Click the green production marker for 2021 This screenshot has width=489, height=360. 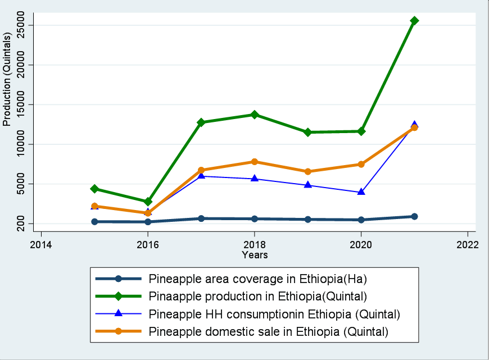(x=414, y=21)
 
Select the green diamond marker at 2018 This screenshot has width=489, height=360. (x=255, y=115)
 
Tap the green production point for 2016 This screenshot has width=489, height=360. (x=148, y=202)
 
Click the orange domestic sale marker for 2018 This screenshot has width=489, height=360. (x=255, y=162)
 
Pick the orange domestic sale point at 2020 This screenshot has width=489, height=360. (x=361, y=165)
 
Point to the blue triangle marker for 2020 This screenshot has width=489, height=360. (x=361, y=192)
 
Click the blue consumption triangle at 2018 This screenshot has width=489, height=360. (x=255, y=179)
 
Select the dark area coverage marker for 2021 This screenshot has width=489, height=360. (x=414, y=216)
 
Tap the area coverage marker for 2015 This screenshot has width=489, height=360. (x=95, y=222)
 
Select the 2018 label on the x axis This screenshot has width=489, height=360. (x=255, y=244)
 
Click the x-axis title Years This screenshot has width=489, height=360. (x=255, y=255)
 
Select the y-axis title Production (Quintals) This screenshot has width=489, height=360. (x=7, y=80)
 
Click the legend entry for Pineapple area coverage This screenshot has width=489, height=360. (x=257, y=278)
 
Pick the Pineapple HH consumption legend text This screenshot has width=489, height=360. (x=274, y=313)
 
